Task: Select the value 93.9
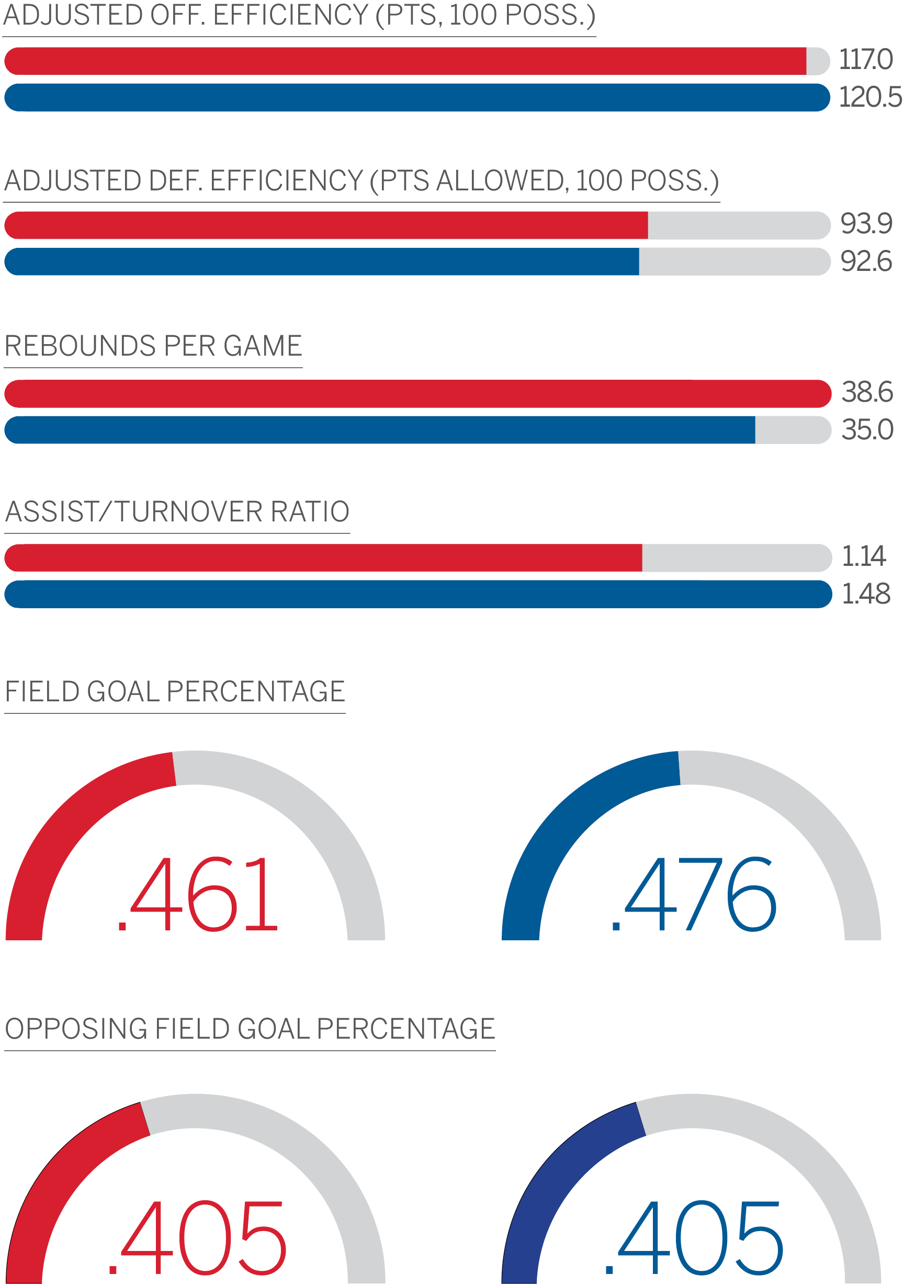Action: tap(866, 224)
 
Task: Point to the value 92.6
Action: tap(866, 261)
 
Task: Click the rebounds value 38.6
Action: tap(866, 392)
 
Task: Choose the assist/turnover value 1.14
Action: tap(863, 556)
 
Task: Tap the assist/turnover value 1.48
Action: tap(866, 594)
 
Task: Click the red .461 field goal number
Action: tap(197, 894)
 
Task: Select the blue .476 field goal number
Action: tap(694, 894)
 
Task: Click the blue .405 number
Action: tap(694, 1238)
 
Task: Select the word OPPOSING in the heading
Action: tap(75, 1029)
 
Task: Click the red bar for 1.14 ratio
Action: tap(323, 558)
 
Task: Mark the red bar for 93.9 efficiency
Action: tap(325, 225)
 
